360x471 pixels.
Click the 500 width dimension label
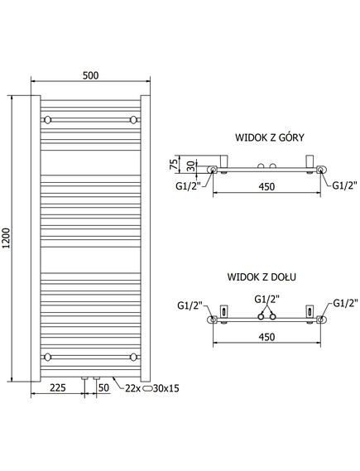tap(90, 75)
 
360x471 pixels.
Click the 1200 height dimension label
tap(7, 238)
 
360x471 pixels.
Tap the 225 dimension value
tap(58, 387)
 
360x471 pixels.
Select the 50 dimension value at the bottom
tap(103, 387)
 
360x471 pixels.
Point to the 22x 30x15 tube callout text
tap(152, 388)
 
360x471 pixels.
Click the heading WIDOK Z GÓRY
tap(269, 137)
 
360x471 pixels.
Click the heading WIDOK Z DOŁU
tap(262, 276)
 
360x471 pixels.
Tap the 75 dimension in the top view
tap(174, 164)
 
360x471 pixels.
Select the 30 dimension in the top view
tap(191, 166)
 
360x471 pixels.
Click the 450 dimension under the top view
tap(266, 187)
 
